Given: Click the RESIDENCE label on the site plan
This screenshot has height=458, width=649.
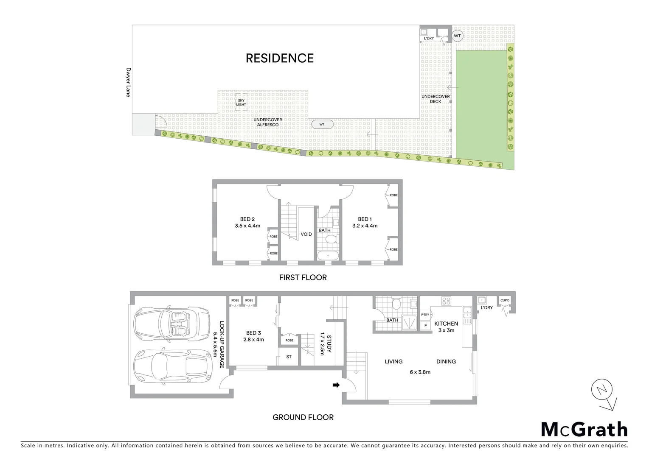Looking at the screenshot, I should pyautogui.click(x=279, y=58).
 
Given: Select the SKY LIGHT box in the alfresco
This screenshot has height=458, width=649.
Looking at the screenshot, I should pyautogui.click(x=241, y=103).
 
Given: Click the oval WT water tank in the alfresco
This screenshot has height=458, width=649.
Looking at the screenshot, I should pyautogui.click(x=322, y=124).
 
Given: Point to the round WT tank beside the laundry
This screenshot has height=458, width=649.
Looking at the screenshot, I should pyautogui.click(x=457, y=36).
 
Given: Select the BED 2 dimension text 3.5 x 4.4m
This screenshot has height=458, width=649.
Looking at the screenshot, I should pyautogui.click(x=247, y=226).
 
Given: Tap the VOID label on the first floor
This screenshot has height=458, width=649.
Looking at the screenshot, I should pyautogui.click(x=306, y=234).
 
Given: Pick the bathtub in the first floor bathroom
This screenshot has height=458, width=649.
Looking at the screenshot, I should pyautogui.click(x=328, y=256).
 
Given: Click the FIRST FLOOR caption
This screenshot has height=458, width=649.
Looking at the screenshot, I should pyautogui.click(x=303, y=277).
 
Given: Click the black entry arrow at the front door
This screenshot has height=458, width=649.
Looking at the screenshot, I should pyautogui.click(x=336, y=385).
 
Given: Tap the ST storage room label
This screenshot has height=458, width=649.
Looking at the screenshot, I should pyautogui.click(x=289, y=357).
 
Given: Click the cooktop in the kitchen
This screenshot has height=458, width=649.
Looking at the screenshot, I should pyautogui.click(x=447, y=301).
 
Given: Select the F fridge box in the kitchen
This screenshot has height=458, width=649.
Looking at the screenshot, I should pyautogui.click(x=425, y=326).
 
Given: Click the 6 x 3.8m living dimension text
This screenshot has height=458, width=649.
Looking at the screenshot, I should pyautogui.click(x=420, y=372).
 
